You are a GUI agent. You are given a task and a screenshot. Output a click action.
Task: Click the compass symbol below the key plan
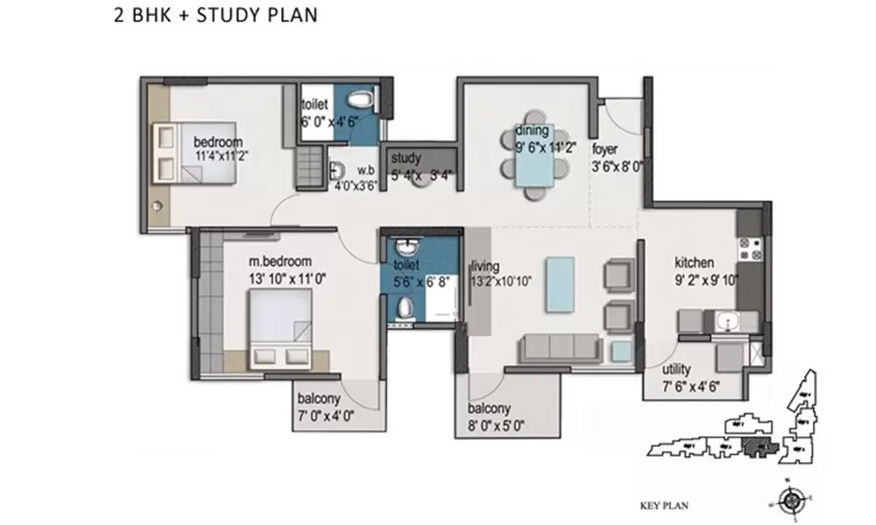click(x=792, y=501)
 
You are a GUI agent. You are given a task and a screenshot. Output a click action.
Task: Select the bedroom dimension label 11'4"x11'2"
click(x=218, y=156)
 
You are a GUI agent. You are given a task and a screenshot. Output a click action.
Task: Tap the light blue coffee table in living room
click(x=560, y=284)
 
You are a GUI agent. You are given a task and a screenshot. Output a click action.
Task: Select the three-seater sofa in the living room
click(x=561, y=347)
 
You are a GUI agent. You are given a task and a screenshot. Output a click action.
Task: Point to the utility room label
click(x=676, y=370)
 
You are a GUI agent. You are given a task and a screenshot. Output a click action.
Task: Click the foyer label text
click(x=605, y=148)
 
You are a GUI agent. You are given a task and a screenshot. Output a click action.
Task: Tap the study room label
click(x=406, y=158)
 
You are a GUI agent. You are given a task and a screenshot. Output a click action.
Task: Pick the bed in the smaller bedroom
click(x=194, y=152)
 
